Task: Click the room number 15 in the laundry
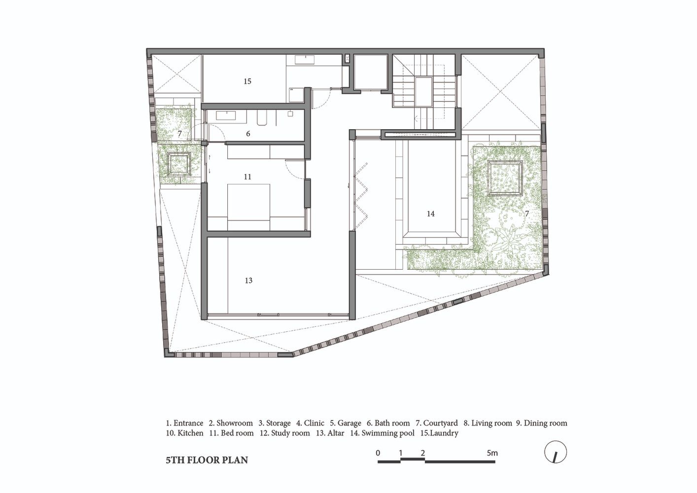coord(247,81)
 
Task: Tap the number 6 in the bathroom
coord(248,134)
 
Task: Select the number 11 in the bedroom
coord(247,177)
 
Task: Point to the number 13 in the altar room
coord(248,281)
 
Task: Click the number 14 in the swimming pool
coord(431,214)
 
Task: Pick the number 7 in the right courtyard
coord(527,214)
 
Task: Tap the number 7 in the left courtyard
coord(179,134)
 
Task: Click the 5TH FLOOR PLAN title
coord(207,460)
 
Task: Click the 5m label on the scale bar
coord(492,453)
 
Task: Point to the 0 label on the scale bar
coord(378,453)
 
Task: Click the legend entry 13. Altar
coord(330,433)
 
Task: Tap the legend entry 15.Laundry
coord(439,433)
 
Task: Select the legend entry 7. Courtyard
coord(437,423)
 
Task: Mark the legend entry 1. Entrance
coord(184,423)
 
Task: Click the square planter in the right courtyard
coord(505,177)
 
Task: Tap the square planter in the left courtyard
coord(179,164)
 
